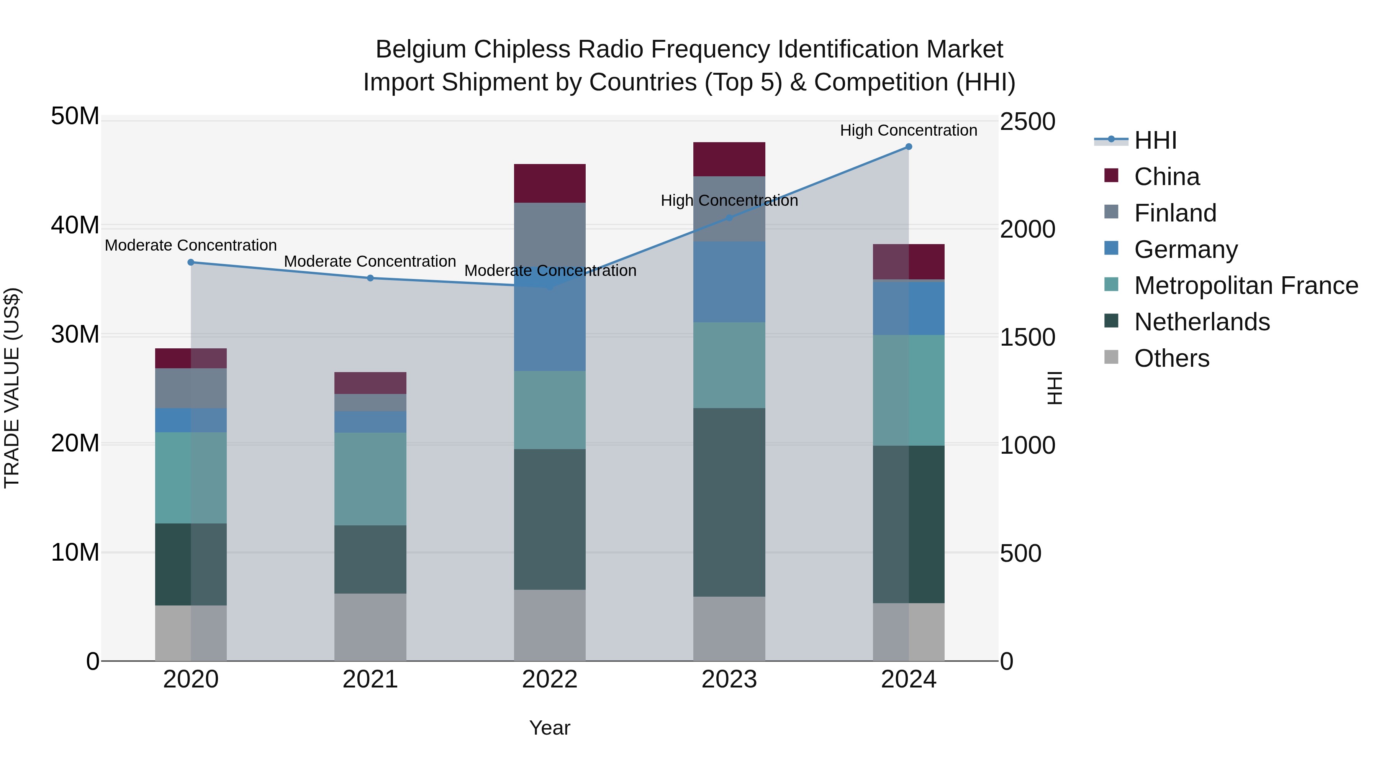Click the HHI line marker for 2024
point(909,147)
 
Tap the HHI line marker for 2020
point(191,262)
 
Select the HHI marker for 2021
point(370,278)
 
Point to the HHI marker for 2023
point(729,218)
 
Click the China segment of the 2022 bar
point(550,183)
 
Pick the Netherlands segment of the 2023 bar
point(729,502)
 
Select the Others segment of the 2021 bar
point(370,627)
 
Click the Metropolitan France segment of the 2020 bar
point(191,478)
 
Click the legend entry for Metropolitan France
point(1246,285)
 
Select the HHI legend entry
point(1155,140)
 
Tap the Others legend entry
point(1171,358)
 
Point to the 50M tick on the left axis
point(75,116)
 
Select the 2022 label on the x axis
point(550,679)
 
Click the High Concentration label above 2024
point(909,130)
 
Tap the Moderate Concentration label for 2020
point(191,245)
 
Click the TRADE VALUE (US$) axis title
point(12,388)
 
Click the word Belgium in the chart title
point(421,49)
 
